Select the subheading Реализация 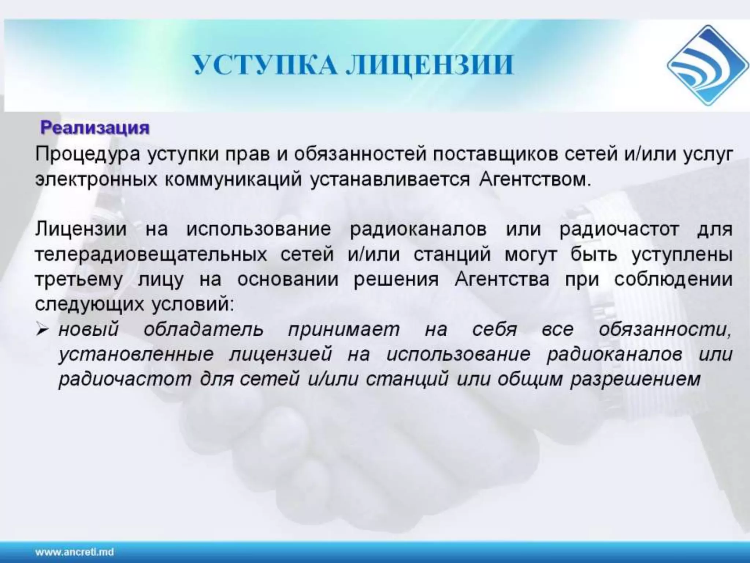click(x=95, y=128)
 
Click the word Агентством click(x=535, y=180)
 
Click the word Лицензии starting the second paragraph click(x=81, y=229)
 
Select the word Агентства click(x=502, y=280)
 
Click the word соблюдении click(x=673, y=280)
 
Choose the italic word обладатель click(x=203, y=330)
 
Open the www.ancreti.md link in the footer click(x=75, y=552)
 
